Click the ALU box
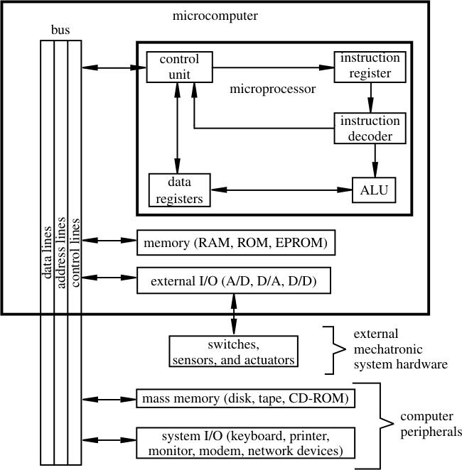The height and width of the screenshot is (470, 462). (374, 191)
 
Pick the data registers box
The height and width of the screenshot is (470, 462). (180, 190)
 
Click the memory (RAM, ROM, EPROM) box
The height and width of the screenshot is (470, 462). (235, 243)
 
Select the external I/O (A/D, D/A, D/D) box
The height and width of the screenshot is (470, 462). (235, 282)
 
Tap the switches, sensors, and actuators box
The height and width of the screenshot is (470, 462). (232, 353)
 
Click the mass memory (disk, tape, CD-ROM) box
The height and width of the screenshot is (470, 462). (244, 398)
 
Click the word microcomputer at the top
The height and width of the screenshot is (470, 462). (215, 16)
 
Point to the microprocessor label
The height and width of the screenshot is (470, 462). (273, 90)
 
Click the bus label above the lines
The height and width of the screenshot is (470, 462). (61, 31)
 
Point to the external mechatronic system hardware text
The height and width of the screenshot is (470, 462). (400, 349)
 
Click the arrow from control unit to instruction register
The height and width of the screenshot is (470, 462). (273, 67)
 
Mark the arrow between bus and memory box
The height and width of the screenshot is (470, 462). (109, 241)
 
